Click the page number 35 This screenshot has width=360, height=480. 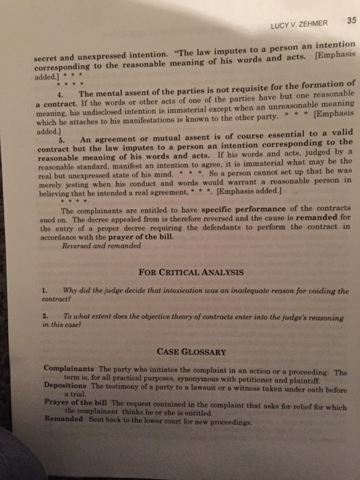pos(334,20)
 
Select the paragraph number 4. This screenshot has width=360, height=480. pos(61,93)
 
